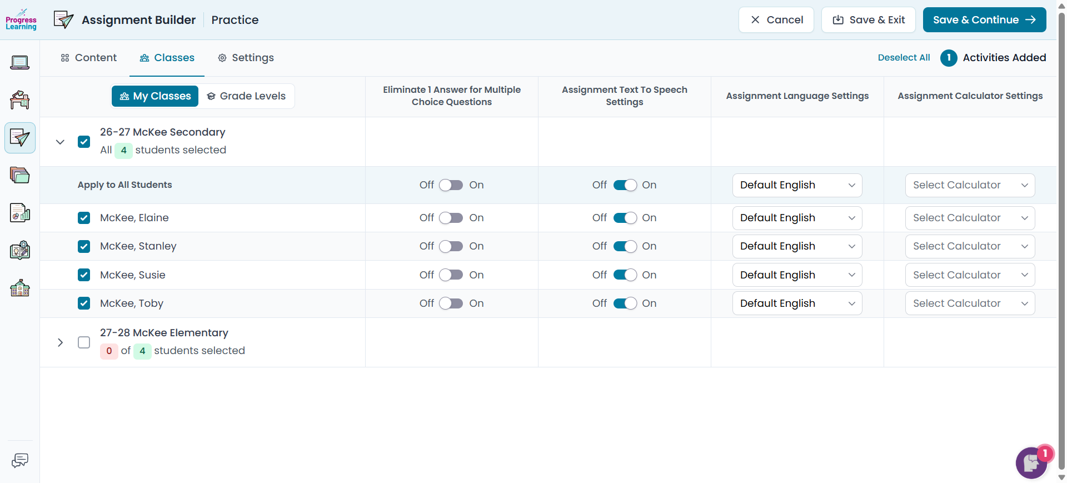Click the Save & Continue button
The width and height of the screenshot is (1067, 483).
[984, 20]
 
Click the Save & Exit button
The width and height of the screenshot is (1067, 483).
[869, 20]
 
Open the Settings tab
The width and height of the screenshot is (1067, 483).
[246, 58]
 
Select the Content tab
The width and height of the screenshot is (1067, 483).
[89, 58]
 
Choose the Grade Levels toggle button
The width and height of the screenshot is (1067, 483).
[246, 96]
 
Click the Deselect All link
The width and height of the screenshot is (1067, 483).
[904, 58]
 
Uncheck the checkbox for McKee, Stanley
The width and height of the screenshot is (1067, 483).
[84, 246]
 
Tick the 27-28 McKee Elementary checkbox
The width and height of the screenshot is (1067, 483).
[84, 342]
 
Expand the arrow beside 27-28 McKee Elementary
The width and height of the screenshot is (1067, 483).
[61, 342]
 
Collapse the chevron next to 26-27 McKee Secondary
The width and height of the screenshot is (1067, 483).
[61, 142]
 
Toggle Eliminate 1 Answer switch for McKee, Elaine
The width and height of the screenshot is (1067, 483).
[451, 218]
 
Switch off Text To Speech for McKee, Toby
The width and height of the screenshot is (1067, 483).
[625, 303]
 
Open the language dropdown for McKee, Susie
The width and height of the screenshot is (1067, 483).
[797, 275]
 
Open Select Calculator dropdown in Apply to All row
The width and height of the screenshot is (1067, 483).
[970, 185]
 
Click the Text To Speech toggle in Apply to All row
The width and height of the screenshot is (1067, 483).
[625, 185]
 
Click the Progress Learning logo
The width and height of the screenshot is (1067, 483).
[21, 19]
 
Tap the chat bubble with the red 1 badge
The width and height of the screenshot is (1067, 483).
[1032, 462]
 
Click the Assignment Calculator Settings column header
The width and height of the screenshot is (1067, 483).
[970, 96]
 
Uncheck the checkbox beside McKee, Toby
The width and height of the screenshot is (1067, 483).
[84, 303]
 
